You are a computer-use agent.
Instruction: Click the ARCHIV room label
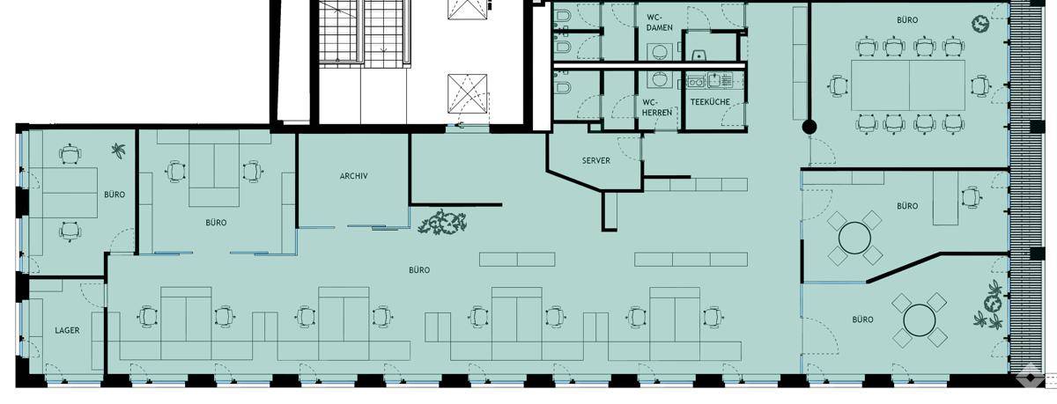point(353,176)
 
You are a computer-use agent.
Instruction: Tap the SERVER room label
point(596,161)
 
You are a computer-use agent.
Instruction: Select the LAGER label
point(67,330)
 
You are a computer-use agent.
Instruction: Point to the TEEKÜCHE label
point(710,102)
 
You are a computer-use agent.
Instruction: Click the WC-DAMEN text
point(659,22)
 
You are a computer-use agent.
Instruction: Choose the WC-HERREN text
point(657,107)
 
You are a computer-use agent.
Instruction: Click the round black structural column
point(809,127)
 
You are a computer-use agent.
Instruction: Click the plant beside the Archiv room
point(442,223)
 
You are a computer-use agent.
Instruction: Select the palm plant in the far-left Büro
point(118,151)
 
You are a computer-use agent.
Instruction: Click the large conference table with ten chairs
point(908,85)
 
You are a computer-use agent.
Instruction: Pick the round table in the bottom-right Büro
point(920,320)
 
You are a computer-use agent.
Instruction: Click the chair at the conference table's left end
point(839,86)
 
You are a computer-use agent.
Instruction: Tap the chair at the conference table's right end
point(979,86)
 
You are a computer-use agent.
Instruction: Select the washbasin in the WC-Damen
point(657,50)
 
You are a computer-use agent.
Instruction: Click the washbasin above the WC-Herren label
point(658,78)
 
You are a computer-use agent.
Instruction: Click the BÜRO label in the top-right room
point(907,20)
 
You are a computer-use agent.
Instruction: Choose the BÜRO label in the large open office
point(419,270)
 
